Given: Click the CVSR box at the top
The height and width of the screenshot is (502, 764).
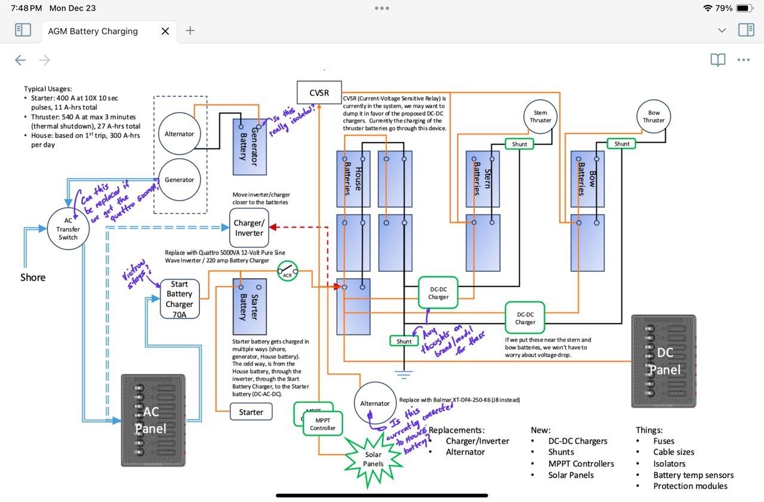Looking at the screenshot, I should tap(319, 93).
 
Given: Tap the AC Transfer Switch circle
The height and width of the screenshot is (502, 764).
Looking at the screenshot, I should tap(68, 229).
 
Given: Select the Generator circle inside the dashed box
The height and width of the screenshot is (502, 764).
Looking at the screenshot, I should tap(180, 180).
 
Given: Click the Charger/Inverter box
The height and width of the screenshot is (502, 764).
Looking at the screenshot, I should tap(249, 228).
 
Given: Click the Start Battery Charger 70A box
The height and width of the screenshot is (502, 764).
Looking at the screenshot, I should tap(180, 298).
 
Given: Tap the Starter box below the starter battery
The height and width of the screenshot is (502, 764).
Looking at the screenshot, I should tap(251, 412).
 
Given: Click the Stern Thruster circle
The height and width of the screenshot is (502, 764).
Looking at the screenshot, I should tap(540, 116).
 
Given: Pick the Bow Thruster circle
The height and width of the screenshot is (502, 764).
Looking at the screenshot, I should tap(654, 116).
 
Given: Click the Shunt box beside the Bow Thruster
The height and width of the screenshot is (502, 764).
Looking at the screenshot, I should tap(622, 143).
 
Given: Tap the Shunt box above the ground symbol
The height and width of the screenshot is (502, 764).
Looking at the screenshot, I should tap(404, 341).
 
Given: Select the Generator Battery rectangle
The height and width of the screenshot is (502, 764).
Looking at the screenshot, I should tap(249, 147).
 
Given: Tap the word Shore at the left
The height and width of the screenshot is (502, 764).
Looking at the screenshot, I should tap(33, 277).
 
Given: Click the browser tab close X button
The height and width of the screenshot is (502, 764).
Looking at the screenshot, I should tap(165, 31).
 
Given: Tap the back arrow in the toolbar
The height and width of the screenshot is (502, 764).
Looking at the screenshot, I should tap(20, 60).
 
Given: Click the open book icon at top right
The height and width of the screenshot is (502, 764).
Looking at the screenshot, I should tap(717, 60).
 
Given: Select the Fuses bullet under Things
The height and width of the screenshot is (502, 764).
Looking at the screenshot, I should tap(664, 441).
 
